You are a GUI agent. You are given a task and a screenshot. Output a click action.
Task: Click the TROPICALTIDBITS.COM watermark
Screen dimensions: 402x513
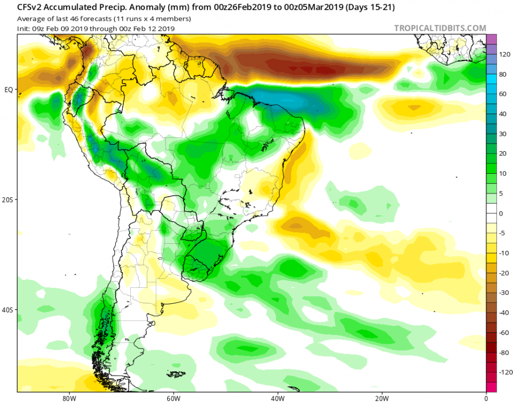[x=440, y=28]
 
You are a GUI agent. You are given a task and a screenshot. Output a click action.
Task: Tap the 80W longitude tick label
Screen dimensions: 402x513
[x=68, y=398]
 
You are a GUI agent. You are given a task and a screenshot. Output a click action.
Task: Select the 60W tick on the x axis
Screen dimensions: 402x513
[x=173, y=398]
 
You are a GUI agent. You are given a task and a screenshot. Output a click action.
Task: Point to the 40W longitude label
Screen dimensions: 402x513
[x=277, y=398]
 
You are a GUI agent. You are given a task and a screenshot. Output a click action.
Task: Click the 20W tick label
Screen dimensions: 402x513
[x=382, y=398]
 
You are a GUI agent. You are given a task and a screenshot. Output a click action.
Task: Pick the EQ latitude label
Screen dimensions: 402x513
[x=9, y=89]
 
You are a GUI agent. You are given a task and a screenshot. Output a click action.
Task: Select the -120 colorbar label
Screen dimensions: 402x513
[x=505, y=371]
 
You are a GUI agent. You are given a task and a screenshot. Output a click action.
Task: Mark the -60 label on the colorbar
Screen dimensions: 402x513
[x=504, y=332]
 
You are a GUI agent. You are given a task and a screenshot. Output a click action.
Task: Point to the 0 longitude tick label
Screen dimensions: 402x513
[x=486, y=398]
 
